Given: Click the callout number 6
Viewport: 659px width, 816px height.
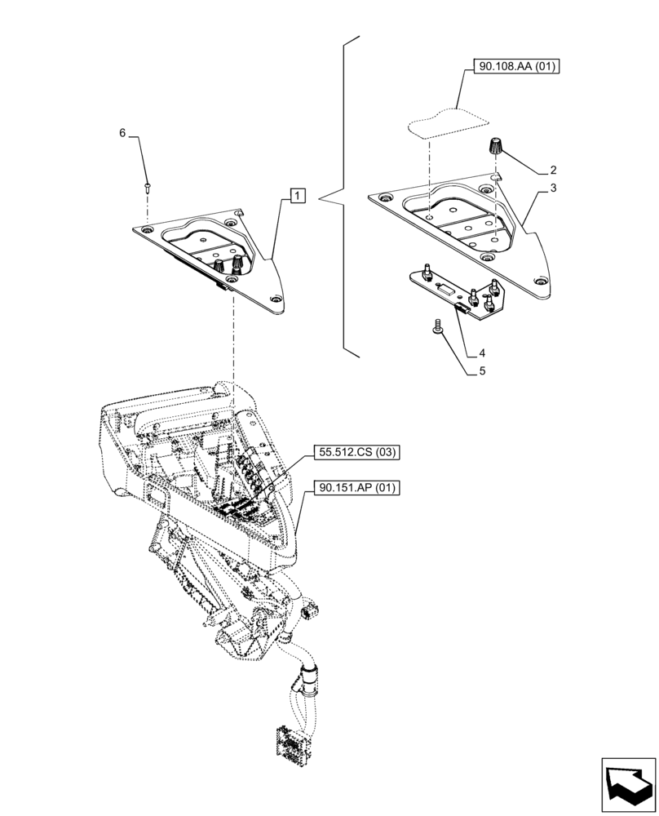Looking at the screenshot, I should tap(123, 133).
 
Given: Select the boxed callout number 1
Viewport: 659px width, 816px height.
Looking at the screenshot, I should tap(298, 196).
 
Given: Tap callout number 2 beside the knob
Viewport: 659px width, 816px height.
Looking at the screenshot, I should tap(553, 171).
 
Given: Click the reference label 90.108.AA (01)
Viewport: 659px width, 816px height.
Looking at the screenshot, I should tap(514, 67).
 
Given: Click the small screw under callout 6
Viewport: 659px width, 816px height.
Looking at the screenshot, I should tap(147, 187).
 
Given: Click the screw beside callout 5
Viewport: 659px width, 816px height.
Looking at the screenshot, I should tap(437, 326).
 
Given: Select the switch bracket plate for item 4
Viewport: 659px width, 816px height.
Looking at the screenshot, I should tap(457, 290).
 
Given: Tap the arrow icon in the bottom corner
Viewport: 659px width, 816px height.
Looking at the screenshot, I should tap(627, 784).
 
